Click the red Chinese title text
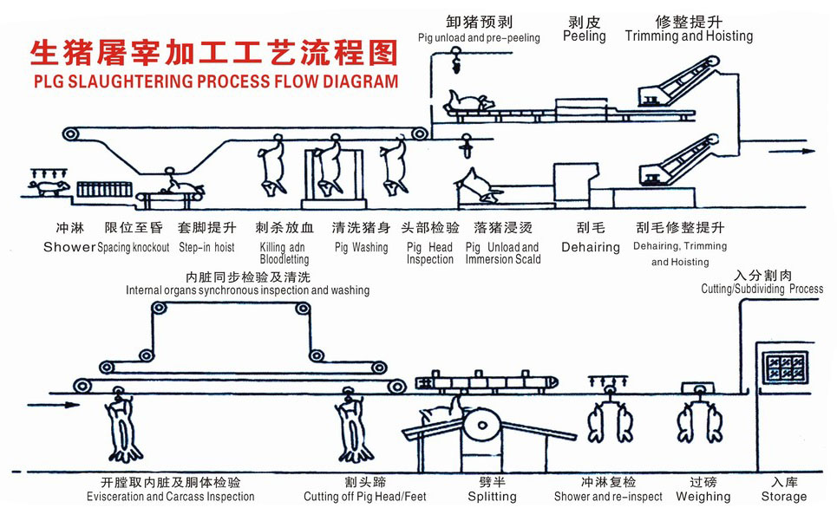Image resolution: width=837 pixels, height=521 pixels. pos(213,52)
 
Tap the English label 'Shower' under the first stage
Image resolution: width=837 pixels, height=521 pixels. pos(69,247)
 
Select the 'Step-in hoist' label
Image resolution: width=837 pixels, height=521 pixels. pos(206,247)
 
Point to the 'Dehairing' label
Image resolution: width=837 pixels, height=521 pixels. pos(591,247)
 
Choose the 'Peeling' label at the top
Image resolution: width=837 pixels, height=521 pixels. pos(584,36)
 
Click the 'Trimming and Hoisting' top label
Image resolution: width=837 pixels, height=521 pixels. pos(689,36)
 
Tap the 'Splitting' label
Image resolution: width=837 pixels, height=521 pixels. pos(492,497)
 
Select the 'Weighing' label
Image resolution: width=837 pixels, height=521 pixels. pos(703,497)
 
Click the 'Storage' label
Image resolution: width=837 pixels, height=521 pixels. pos(783,497)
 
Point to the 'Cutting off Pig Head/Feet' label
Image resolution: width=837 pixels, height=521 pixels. pos(364,497)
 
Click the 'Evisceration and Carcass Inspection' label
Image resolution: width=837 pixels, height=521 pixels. pos(171,497)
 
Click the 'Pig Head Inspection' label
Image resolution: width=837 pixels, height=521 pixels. pos(429,253)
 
